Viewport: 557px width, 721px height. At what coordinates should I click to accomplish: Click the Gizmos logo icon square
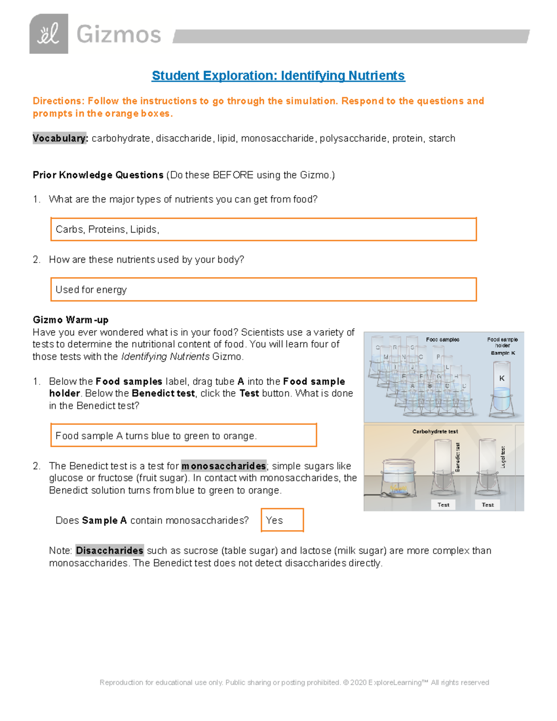click(49, 34)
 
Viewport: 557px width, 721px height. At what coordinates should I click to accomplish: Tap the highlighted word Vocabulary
click(60, 138)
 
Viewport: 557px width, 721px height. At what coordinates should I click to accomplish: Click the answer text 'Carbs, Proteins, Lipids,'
click(107, 229)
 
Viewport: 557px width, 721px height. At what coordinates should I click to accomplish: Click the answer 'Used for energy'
click(91, 290)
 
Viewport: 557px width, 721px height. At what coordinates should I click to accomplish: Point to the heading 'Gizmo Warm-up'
click(71, 320)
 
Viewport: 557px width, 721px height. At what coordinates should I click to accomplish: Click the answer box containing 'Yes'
click(282, 520)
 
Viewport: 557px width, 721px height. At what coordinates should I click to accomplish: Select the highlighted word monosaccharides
click(223, 466)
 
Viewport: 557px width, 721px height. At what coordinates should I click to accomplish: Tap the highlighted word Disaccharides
click(110, 551)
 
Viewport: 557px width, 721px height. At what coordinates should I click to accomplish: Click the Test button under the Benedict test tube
click(443, 505)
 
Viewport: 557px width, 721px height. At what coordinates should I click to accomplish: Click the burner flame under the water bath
click(398, 488)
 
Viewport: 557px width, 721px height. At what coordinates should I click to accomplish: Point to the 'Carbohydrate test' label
click(435, 431)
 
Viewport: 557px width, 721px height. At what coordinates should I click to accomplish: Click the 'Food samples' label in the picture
click(442, 339)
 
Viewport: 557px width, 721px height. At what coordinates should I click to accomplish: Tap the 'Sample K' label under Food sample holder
click(503, 353)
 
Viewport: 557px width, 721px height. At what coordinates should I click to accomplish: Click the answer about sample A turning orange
click(156, 436)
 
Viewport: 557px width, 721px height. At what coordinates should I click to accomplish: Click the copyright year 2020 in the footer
click(358, 682)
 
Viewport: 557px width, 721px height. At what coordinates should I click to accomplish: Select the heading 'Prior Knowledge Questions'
click(98, 175)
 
